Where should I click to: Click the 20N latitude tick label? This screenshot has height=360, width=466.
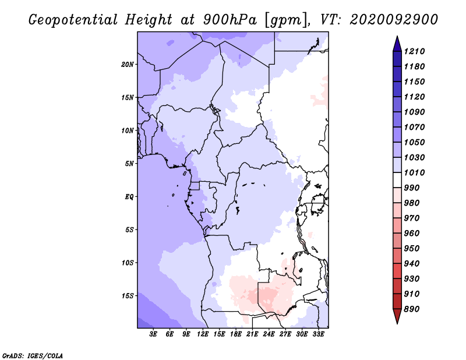click(x=128, y=64)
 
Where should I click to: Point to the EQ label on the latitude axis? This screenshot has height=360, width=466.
click(x=129, y=197)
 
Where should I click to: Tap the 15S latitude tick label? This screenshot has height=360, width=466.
click(x=128, y=296)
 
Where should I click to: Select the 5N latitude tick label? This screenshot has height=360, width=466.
click(x=129, y=164)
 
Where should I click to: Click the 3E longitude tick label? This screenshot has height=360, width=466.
click(x=153, y=334)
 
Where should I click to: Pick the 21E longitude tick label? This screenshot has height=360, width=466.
click(x=252, y=334)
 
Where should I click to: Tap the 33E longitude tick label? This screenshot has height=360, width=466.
click(x=318, y=334)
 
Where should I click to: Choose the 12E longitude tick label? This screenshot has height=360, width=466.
click(x=203, y=334)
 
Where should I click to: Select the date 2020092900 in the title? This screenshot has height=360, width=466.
click(x=394, y=19)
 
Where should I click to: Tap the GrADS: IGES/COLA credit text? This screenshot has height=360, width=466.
click(x=32, y=355)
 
